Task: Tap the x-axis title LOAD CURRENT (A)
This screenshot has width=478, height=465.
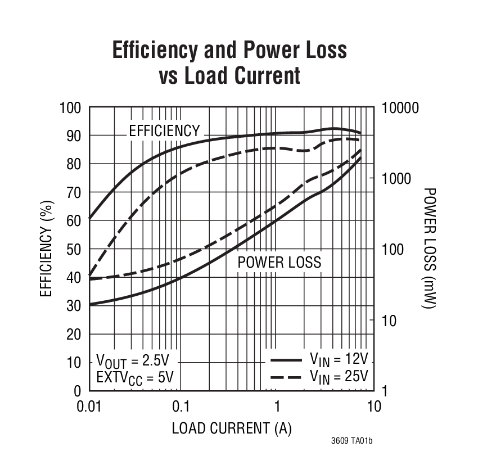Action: point(232,428)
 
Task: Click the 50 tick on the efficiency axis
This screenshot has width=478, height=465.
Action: point(74,249)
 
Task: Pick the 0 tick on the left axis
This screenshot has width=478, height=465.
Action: point(78,391)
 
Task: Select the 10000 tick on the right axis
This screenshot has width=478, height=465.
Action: point(400,107)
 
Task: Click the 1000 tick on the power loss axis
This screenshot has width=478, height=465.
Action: point(397,178)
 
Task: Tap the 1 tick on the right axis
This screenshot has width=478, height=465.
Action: point(385,391)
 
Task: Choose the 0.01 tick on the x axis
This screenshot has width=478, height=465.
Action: point(89,406)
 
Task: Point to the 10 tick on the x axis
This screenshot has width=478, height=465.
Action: point(373,406)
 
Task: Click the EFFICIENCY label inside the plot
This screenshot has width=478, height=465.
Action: point(164,131)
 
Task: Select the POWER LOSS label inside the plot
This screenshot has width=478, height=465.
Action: point(279,262)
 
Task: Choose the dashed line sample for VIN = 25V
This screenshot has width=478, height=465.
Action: point(286,376)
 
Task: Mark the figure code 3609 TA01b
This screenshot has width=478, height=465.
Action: point(351,441)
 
